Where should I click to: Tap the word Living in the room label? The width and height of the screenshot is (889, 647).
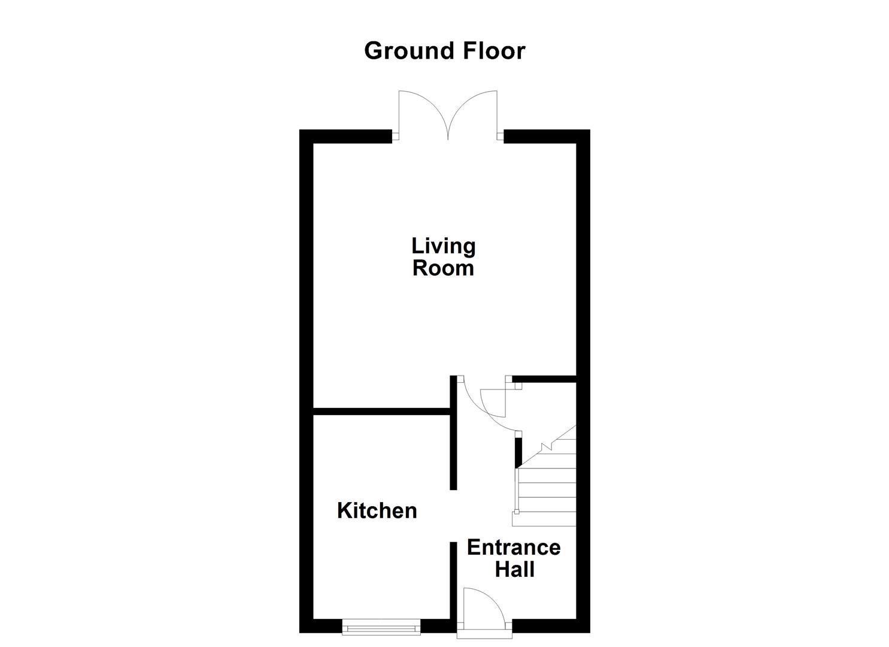coord(443,246)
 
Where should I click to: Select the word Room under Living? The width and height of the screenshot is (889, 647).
coord(443,268)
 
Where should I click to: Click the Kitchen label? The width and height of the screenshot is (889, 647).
coord(377,510)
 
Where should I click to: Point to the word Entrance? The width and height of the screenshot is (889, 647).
coord(513,548)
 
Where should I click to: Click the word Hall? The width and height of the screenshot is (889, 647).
coord(514,569)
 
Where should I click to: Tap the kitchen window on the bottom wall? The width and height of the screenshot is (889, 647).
coord(381,627)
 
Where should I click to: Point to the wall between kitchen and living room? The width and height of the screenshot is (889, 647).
coord(382,411)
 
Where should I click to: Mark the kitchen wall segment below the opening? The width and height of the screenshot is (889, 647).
coord(453,581)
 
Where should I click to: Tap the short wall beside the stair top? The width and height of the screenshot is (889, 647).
coord(518,452)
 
